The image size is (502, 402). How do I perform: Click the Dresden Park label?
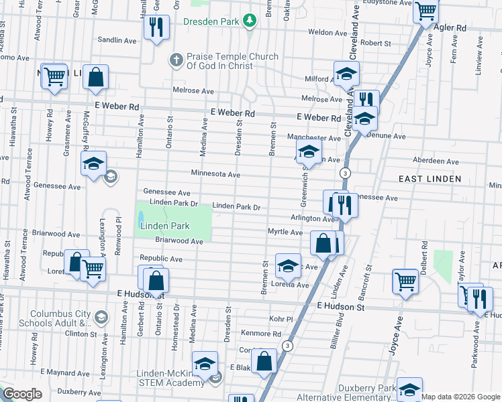[211, 21]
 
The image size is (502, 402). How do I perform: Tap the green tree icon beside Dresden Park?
[250, 21]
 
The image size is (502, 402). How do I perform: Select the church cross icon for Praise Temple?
[176, 61]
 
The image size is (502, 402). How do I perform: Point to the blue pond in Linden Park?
[141, 218]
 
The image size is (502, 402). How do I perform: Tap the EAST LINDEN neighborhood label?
[430, 179]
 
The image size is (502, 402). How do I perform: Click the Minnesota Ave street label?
[215, 174]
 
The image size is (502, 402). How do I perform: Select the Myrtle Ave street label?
[285, 232]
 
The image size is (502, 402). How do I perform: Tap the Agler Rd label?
[450, 28]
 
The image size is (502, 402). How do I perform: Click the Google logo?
[22, 394]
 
